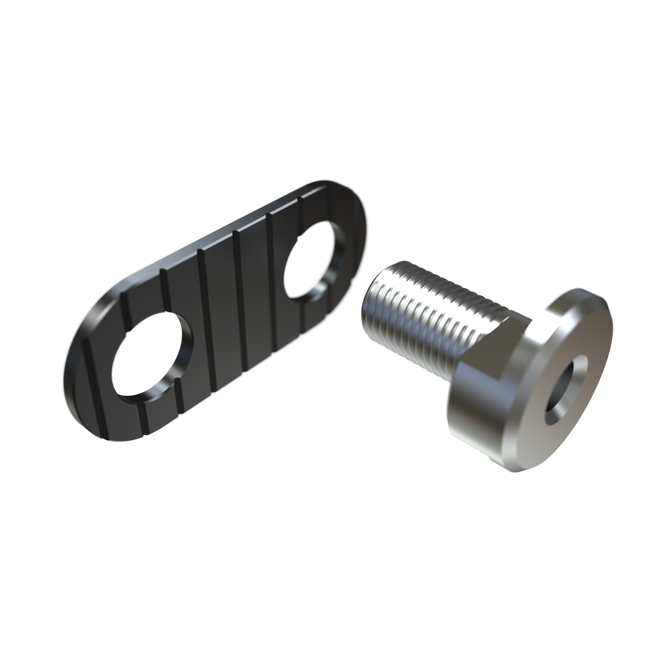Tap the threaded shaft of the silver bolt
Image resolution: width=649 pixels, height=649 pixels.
[439, 314]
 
